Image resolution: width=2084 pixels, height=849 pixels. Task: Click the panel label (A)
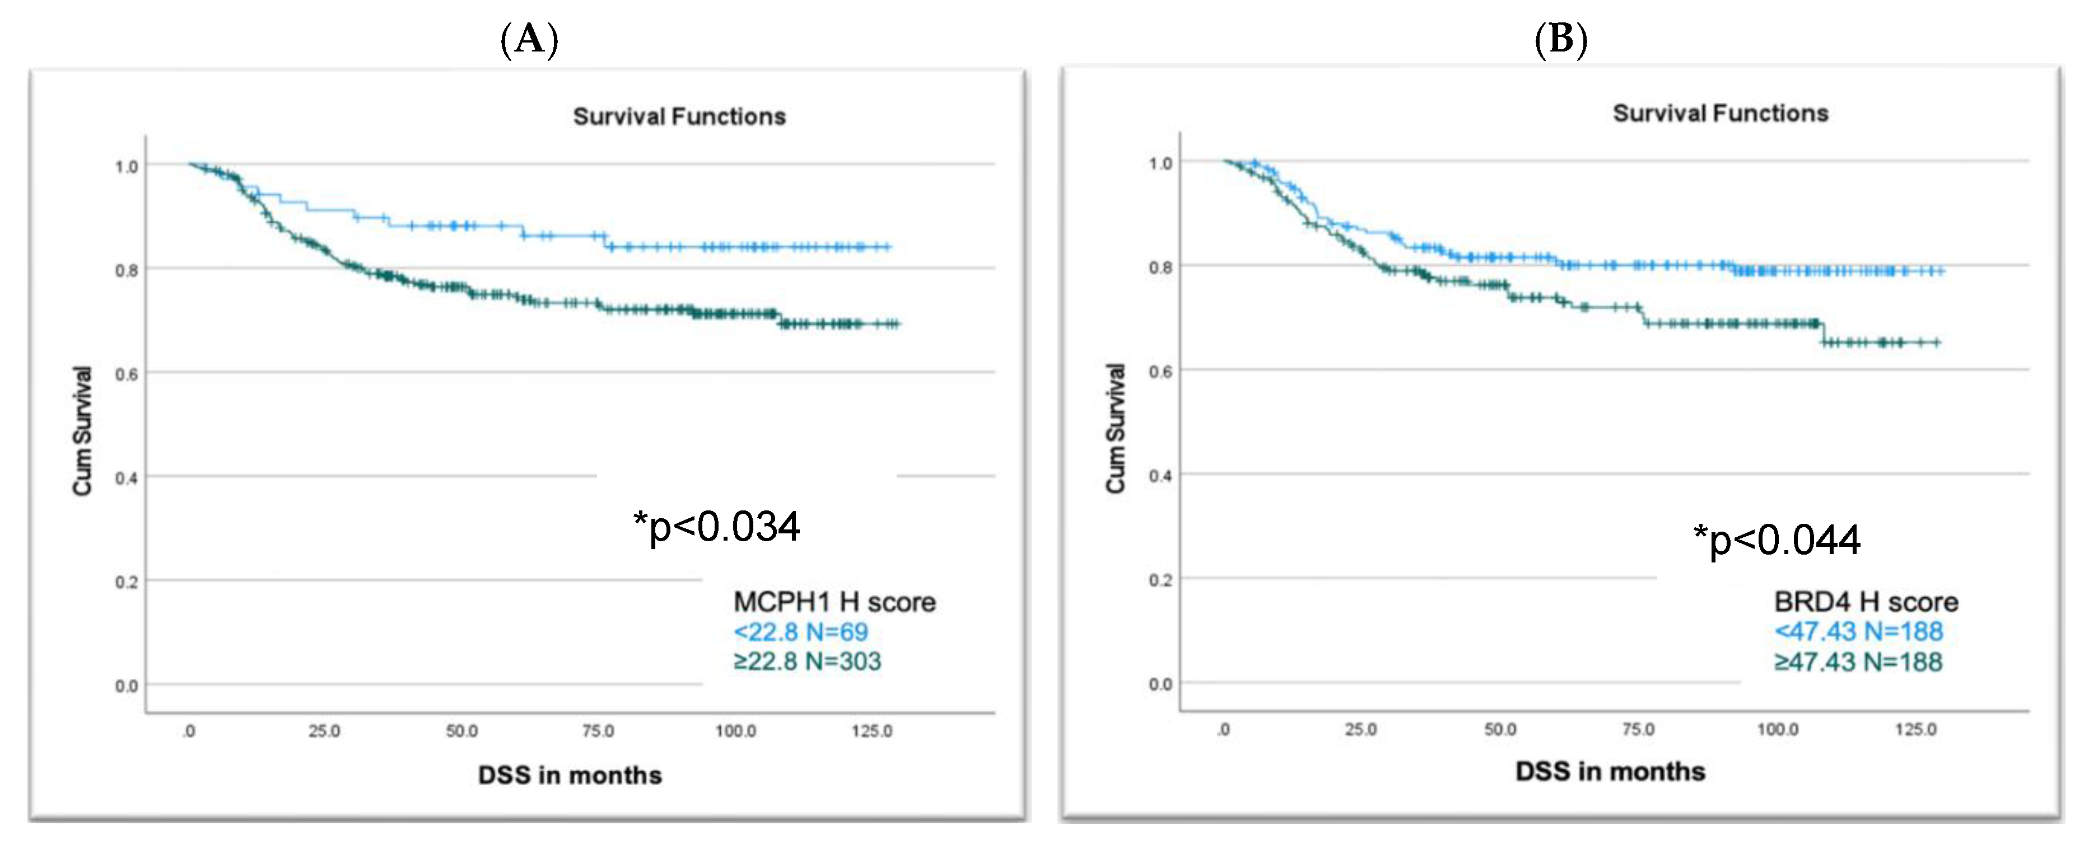pos(529,38)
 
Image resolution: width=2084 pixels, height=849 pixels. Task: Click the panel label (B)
pos(1560,38)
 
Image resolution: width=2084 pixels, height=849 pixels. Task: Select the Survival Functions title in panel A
pos(679,116)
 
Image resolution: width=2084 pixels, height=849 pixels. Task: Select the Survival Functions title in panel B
pos(1720,113)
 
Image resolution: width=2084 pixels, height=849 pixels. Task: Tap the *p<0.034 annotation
pos(717,527)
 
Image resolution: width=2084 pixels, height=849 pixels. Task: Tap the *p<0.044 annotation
pos(1778,540)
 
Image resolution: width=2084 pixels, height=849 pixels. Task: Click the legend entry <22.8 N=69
pos(800,631)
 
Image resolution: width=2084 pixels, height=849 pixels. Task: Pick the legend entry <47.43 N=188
pos(1858,631)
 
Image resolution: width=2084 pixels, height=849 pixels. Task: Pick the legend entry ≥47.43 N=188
pos(1858,662)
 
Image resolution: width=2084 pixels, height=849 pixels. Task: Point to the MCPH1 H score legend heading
pos(834,602)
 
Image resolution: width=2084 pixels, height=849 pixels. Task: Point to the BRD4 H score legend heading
pos(1866,602)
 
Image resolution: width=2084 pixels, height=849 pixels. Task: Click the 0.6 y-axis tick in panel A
pos(126,374)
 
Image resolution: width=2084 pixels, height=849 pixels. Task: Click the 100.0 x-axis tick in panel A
pos(735,731)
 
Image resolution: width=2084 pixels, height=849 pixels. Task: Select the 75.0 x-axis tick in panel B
pos(1638,729)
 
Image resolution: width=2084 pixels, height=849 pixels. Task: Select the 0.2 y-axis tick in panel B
pos(1160,580)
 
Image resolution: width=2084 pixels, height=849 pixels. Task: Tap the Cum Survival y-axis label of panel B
pos(1116,429)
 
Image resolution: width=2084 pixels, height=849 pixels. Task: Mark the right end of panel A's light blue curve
pos(889,247)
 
